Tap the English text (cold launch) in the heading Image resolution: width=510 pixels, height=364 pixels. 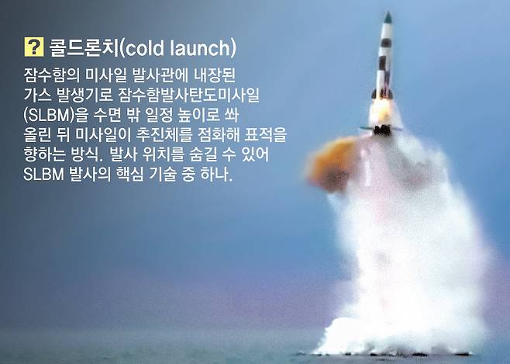[x=177, y=49]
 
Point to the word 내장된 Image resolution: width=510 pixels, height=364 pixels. [x=222, y=78]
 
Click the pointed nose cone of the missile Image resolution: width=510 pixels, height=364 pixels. [x=388, y=19]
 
